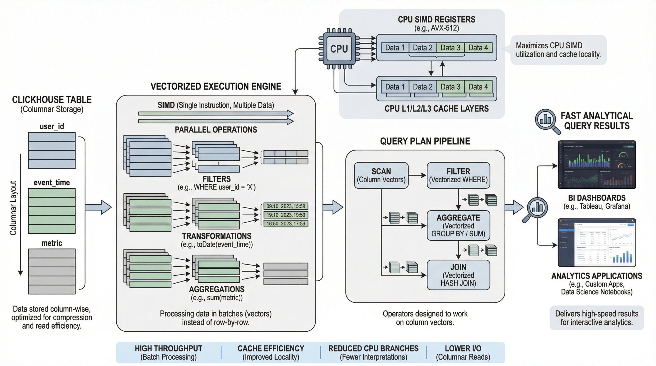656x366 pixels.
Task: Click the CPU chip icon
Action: (339, 49)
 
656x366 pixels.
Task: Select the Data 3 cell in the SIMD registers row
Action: (450, 48)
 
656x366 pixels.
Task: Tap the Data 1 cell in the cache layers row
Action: (395, 87)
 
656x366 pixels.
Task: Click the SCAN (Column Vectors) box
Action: (381, 175)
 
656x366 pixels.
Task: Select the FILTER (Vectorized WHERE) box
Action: (458, 175)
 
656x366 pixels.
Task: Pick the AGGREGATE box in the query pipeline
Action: (458, 225)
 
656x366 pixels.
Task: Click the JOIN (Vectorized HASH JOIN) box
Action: (458, 275)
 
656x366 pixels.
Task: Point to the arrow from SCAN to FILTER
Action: (417, 175)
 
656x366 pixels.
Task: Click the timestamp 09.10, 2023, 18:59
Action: (286, 206)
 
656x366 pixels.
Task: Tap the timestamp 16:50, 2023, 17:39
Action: (286, 224)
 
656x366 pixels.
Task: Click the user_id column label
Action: (52, 126)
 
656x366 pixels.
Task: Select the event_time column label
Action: (52, 182)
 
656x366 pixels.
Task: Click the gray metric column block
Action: (52, 271)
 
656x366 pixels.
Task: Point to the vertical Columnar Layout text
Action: (13, 208)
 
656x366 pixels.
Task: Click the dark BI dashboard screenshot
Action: (597, 165)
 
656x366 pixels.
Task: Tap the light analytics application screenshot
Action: (597, 243)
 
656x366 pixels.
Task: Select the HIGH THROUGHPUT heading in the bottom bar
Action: (168, 348)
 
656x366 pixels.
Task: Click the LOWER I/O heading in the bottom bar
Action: (463, 348)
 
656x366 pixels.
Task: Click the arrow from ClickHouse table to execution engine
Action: (98, 207)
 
